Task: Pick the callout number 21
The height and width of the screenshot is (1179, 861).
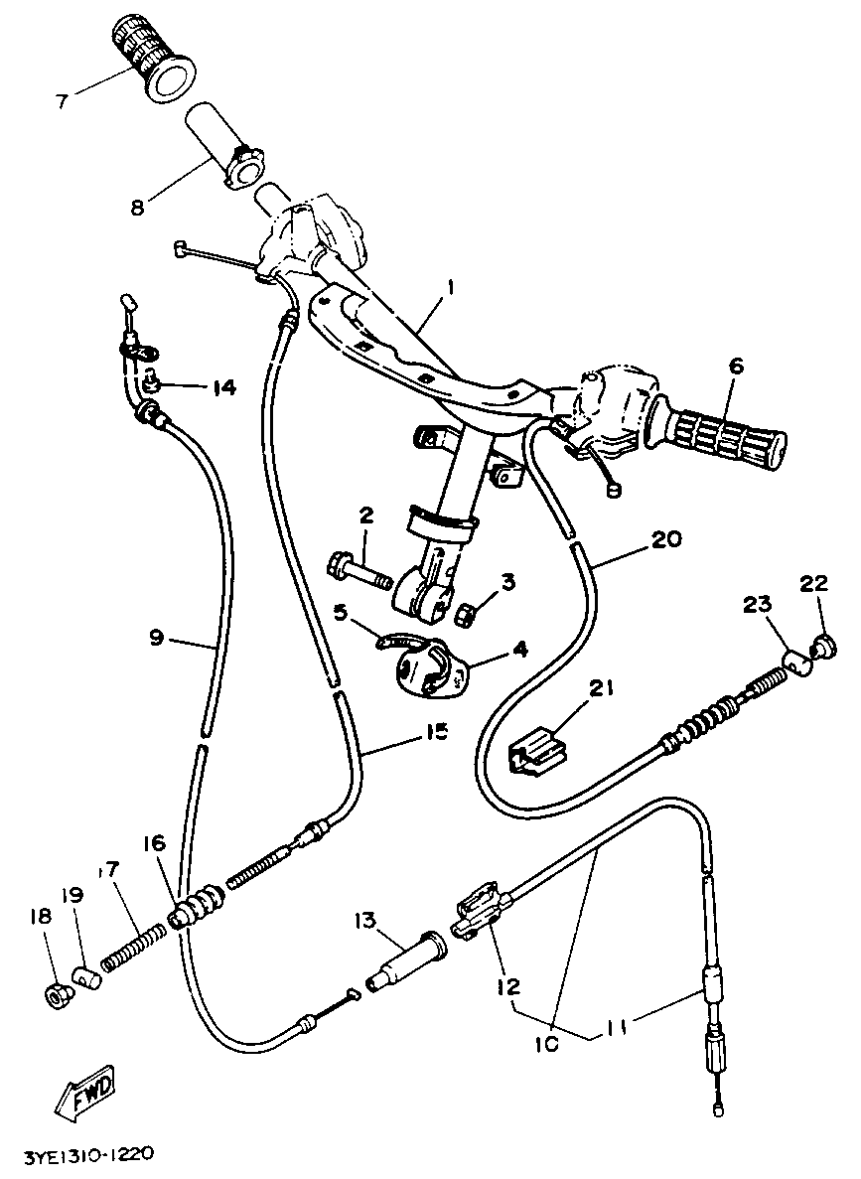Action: tap(605, 688)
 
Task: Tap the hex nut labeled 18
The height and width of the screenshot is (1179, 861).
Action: tap(56, 995)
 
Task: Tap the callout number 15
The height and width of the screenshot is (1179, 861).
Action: tap(435, 730)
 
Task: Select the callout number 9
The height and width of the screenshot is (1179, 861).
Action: tap(156, 638)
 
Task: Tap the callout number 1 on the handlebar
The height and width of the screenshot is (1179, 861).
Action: tap(450, 286)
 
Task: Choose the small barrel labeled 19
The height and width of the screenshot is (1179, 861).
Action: tap(85, 981)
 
